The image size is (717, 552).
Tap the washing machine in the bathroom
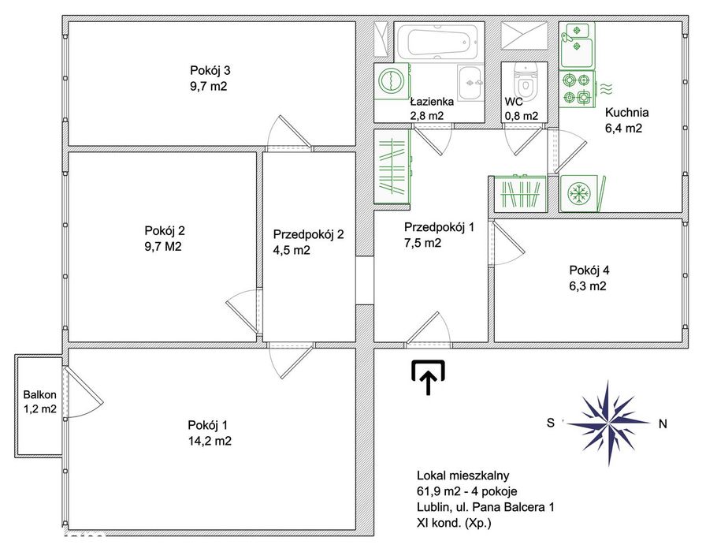[392, 81]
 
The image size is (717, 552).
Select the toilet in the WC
[524, 79]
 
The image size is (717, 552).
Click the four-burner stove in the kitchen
[577, 89]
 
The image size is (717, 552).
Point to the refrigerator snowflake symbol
[579, 194]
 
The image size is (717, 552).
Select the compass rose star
[607, 423]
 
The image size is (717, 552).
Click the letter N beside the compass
[663, 424]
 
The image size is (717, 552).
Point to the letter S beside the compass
[551, 423]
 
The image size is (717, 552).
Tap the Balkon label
[39, 394]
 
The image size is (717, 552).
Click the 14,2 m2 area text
[210, 442]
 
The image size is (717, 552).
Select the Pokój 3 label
[210, 71]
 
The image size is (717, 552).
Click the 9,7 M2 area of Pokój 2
[163, 247]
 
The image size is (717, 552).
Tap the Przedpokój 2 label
[308, 235]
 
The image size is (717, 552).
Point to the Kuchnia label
[627, 113]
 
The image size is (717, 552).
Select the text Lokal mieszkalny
[463, 476]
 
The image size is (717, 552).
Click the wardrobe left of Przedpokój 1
[392, 166]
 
